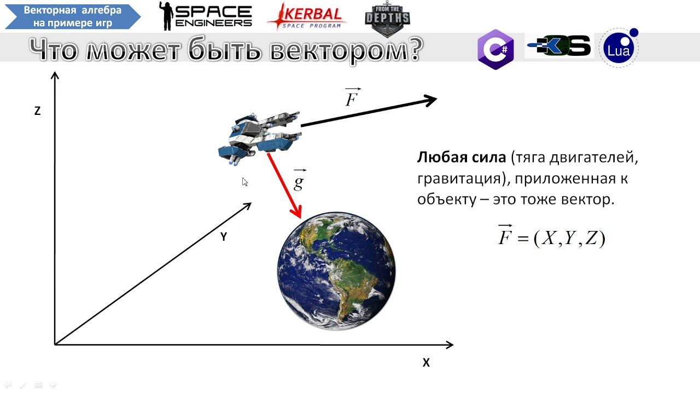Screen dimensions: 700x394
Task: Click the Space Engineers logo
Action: point(205,16)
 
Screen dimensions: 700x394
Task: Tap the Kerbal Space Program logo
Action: point(307,17)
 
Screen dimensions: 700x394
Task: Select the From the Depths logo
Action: point(387,19)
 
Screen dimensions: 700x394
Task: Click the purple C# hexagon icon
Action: point(495,49)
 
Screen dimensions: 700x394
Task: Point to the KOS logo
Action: point(559,45)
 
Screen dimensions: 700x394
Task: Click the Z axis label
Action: point(38,111)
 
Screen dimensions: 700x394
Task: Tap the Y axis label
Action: point(224,237)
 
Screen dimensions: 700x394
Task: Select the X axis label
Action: point(426,362)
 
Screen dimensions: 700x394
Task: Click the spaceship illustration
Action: point(260,138)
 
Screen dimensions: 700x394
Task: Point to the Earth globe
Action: point(336,271)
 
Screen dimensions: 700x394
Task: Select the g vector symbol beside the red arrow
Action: point(299,179)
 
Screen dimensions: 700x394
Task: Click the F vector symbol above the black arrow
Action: point(353,97)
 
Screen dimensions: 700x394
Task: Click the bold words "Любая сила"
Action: point(461,157)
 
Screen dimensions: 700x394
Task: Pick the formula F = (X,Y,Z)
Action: point(552,237)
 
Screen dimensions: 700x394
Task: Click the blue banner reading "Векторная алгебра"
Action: point(73,16)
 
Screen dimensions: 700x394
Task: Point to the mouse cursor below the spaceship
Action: point(244,182)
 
